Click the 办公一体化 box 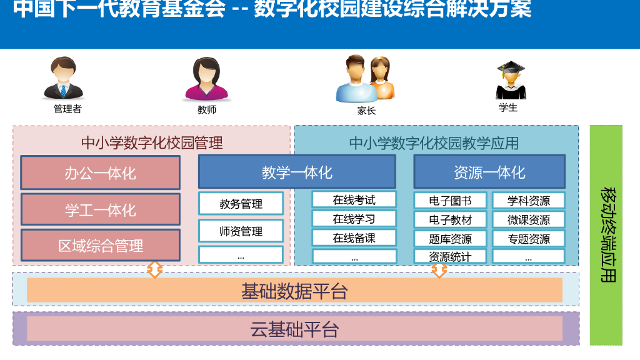pos(100,172)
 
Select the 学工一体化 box pos(100,209)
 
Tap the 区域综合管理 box pos(100,246)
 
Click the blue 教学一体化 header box pos(297,172)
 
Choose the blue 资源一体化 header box pos(489,172)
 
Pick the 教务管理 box pos(241,204)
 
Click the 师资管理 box pos(241,231)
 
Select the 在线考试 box pos(354,200)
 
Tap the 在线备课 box pos(354,237)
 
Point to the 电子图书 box pos(450,201)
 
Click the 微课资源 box pos(528,220)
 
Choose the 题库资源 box pos(450,239)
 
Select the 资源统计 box pos(450,256)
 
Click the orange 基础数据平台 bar pos(294,291)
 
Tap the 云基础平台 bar pos(294,329)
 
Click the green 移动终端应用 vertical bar pos(606,235)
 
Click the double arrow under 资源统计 pos(439,271)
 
